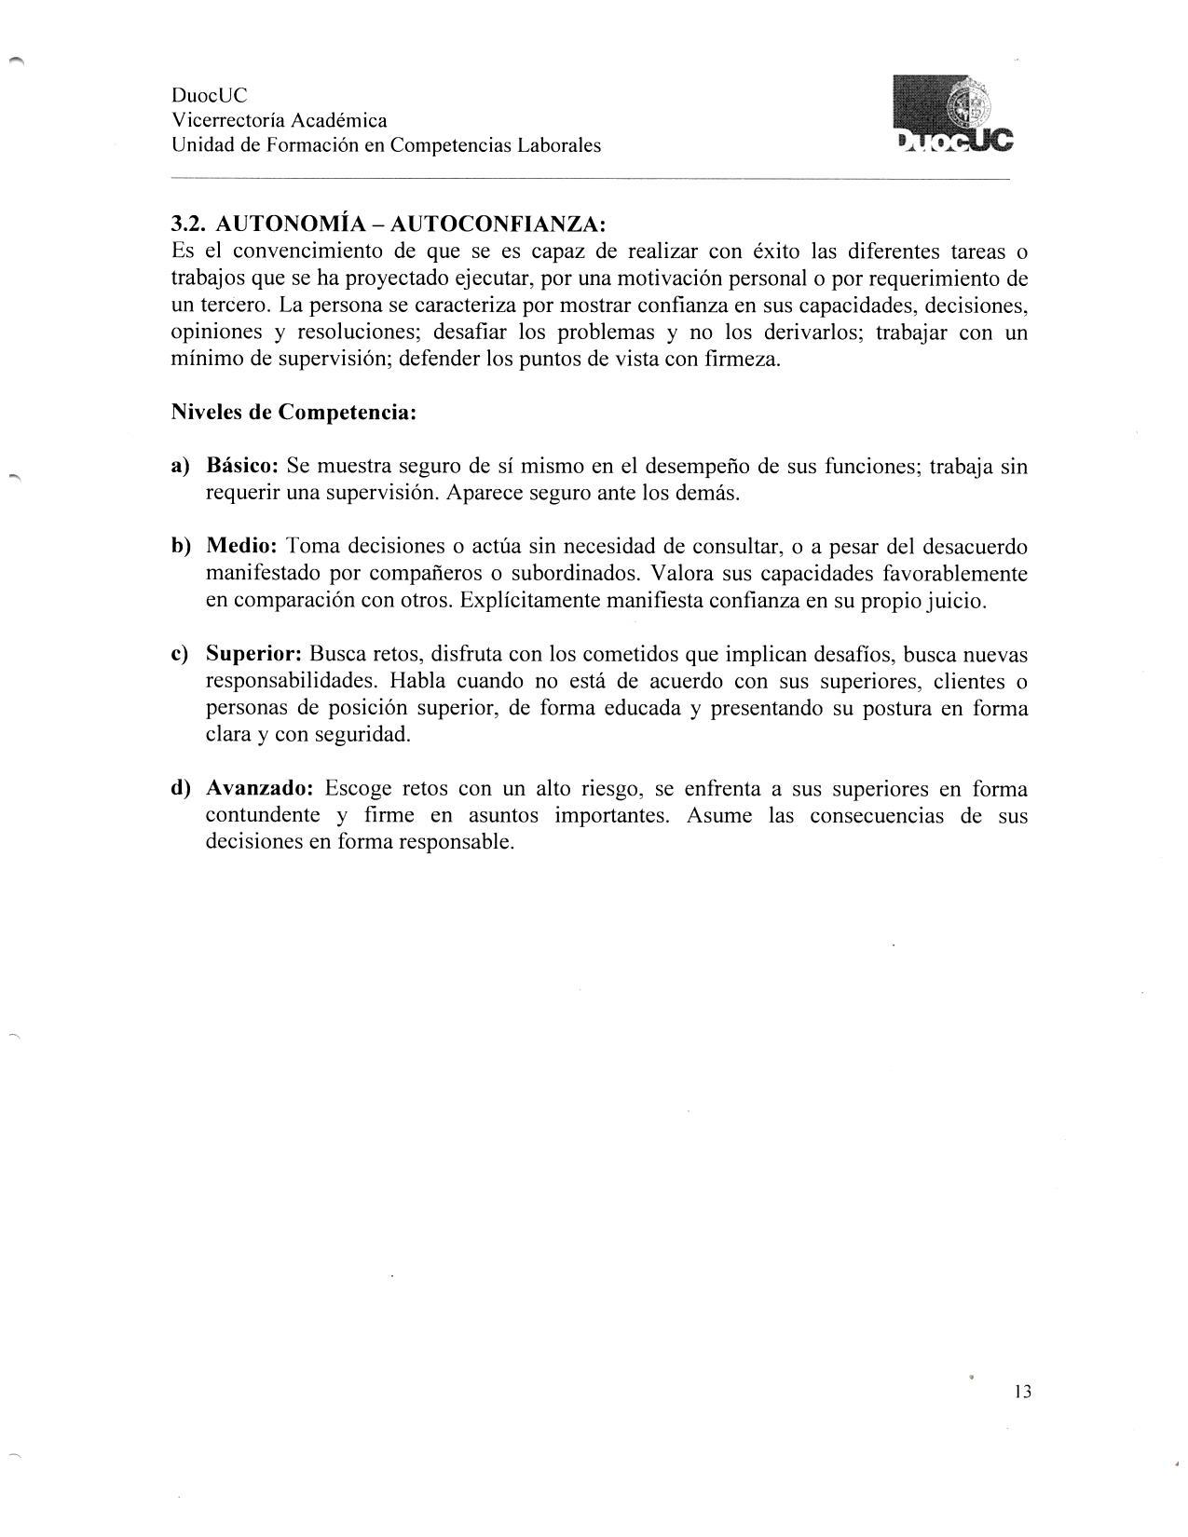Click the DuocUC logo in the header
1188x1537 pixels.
[951, 114]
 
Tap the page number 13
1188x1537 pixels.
[1021, 1393]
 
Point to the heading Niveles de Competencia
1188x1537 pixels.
[293, 413]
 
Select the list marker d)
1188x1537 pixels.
[181, 789]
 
